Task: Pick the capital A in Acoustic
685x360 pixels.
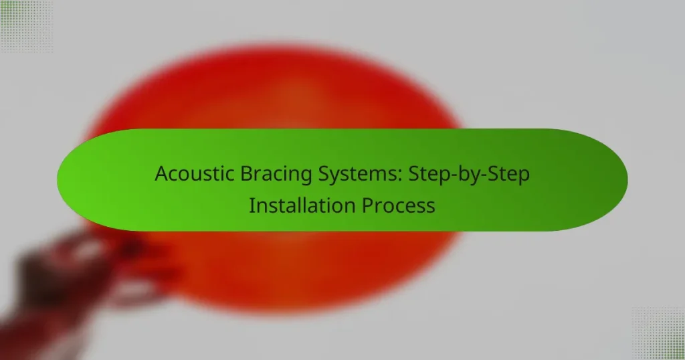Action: [x=161, y=173]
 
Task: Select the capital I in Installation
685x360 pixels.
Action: [x=252, y=205]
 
